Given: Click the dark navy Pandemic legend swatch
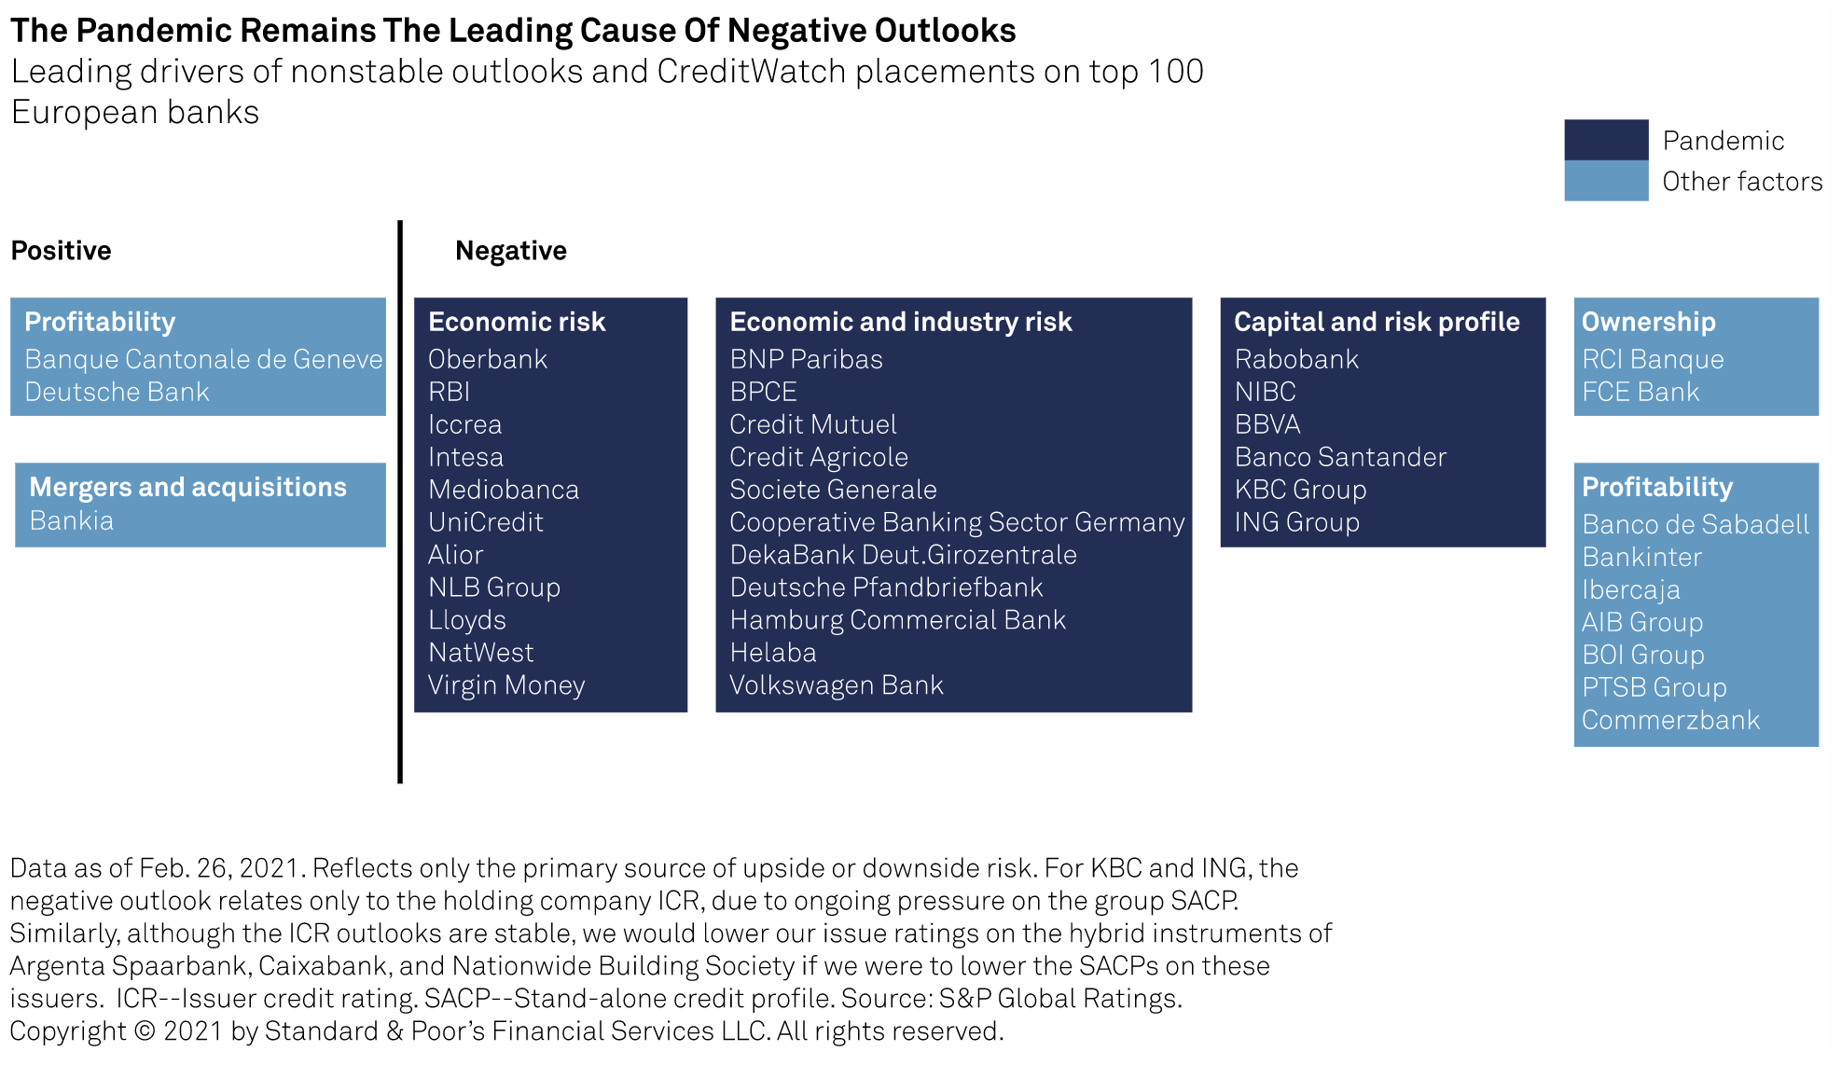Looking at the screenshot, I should pyautogui.click(x=1605, y=140).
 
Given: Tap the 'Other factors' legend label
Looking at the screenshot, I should pyautogui.click(x=1741, y=181).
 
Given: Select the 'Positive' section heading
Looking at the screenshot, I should pyautogui.click(x=61, y=250).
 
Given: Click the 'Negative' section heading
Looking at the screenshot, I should pyautogui.click(x=510, y=250).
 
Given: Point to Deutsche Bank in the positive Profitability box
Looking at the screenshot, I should pyautogui.click(x=117, y=392).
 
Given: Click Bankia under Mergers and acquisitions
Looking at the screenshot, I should pyautogui.click(x=71, y=520).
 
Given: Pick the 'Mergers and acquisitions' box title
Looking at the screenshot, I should pyautogui.click(x=187, y=487).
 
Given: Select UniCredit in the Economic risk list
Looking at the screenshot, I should pyautogui.click(x=485, y=522).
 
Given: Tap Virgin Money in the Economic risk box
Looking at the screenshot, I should pyautogui.click(x=505, y=685).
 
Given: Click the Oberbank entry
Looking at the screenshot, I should pyautogui.click(x=487, y=359).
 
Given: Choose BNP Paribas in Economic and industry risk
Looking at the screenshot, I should pyautogui.click(x=806, y=359).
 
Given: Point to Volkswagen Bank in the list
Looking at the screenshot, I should pyautogui.click(x=836, y=685).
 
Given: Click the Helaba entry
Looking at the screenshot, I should pyautogui.click(x=772, y=653).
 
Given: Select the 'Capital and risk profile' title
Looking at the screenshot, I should pyautogui.click(x=1377, y=322).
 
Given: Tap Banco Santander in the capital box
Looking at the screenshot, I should pyautogui.click(x=1340, y=457).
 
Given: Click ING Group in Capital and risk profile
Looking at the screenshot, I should pyautogui.click(x=1296, y=522).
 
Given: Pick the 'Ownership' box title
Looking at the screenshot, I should pyautogui.click(x=1648, y=322).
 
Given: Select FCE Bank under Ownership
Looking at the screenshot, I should pyautogui.click(x=1640, y=392).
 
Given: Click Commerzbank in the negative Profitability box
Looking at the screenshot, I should pyautogui.click(x=1670, y=720).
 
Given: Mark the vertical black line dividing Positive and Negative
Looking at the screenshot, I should pyautogui.click(x=400, y=504).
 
